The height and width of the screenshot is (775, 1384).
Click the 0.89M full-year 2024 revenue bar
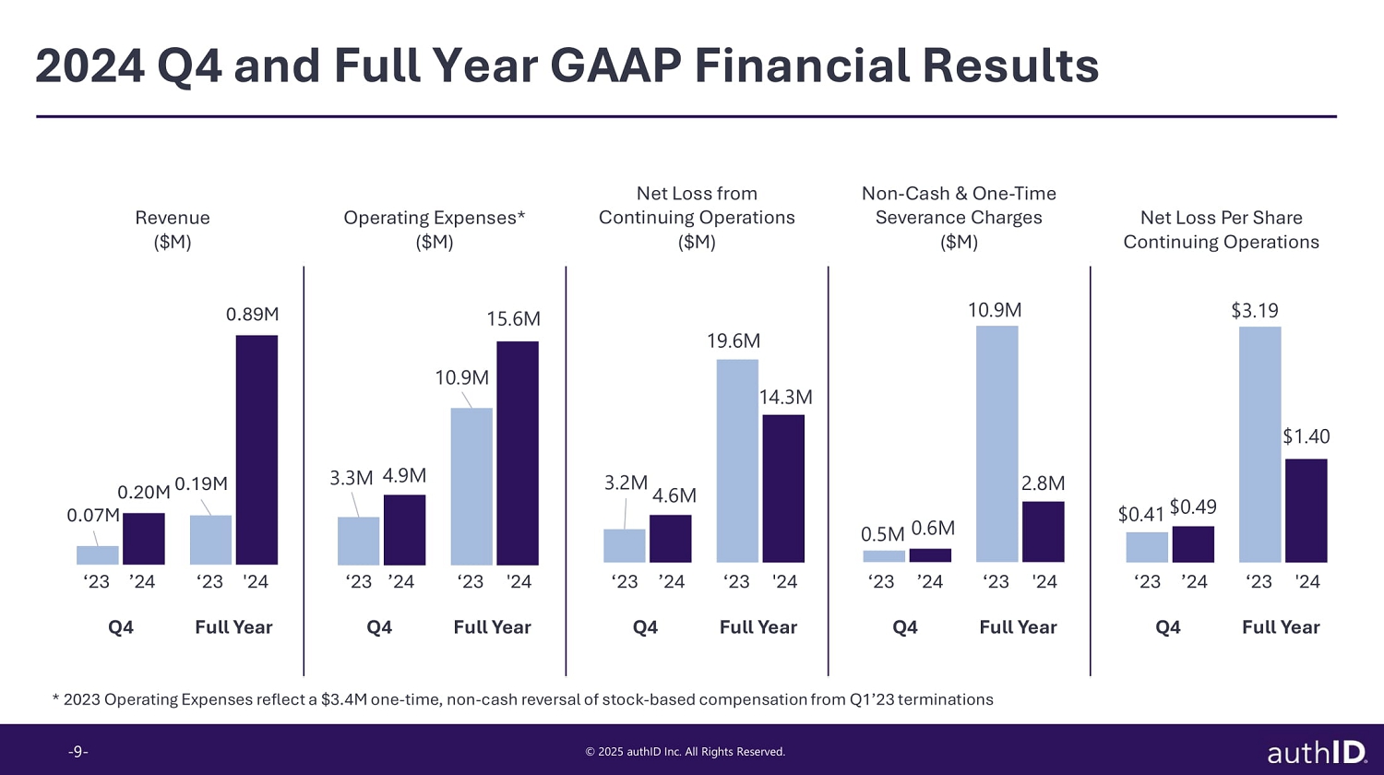[257, 449]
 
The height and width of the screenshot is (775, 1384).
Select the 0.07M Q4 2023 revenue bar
[98, 555]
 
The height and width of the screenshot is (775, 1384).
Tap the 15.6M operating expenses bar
[518, 453]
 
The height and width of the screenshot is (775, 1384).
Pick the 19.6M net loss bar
[737, 461]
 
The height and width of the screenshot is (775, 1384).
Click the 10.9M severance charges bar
[996, 444]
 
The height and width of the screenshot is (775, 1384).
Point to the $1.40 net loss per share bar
[1306, 510]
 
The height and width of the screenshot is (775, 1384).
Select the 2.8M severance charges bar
[1044, 531]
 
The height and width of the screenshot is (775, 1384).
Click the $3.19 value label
[1255, 311]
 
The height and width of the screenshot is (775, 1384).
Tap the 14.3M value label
[785, 398]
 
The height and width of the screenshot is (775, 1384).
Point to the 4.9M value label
[404, 476]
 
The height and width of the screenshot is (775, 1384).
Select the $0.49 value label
[1193, 507]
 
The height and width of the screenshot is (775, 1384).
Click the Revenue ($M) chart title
[173, 230]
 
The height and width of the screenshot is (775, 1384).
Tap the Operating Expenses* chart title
[434, 219]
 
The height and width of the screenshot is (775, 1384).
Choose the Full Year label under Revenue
[233, 627]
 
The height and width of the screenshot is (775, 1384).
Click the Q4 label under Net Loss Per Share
[1168, 627]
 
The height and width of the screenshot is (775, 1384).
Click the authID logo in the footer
[1317, 752]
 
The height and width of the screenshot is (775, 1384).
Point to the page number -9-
[78, 752]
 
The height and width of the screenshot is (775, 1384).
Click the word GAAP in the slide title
[614, 66]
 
